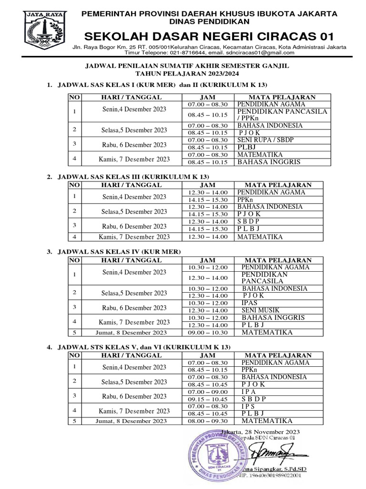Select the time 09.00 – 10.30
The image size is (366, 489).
208,332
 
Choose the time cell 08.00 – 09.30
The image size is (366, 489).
208,421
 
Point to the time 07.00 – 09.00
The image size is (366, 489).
208,392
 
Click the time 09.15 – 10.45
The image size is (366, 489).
208,399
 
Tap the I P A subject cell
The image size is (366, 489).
248,392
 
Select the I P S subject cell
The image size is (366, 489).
248,406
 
